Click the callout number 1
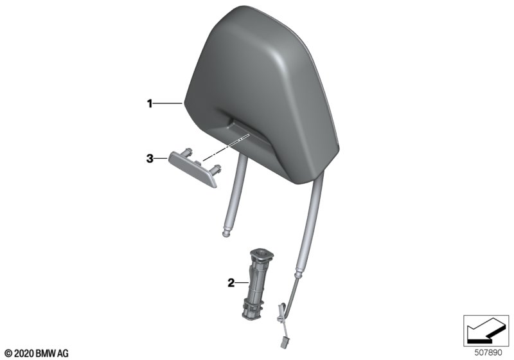click(x=150, y=104)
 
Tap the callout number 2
click(x=231, y=283)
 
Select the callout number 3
click(x=150, y=159)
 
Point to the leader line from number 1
click(x=168, y=104)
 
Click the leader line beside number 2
click(x=243, y=282)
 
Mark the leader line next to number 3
click(x=161, y=159)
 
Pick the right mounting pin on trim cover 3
click(x=217, y=169)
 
